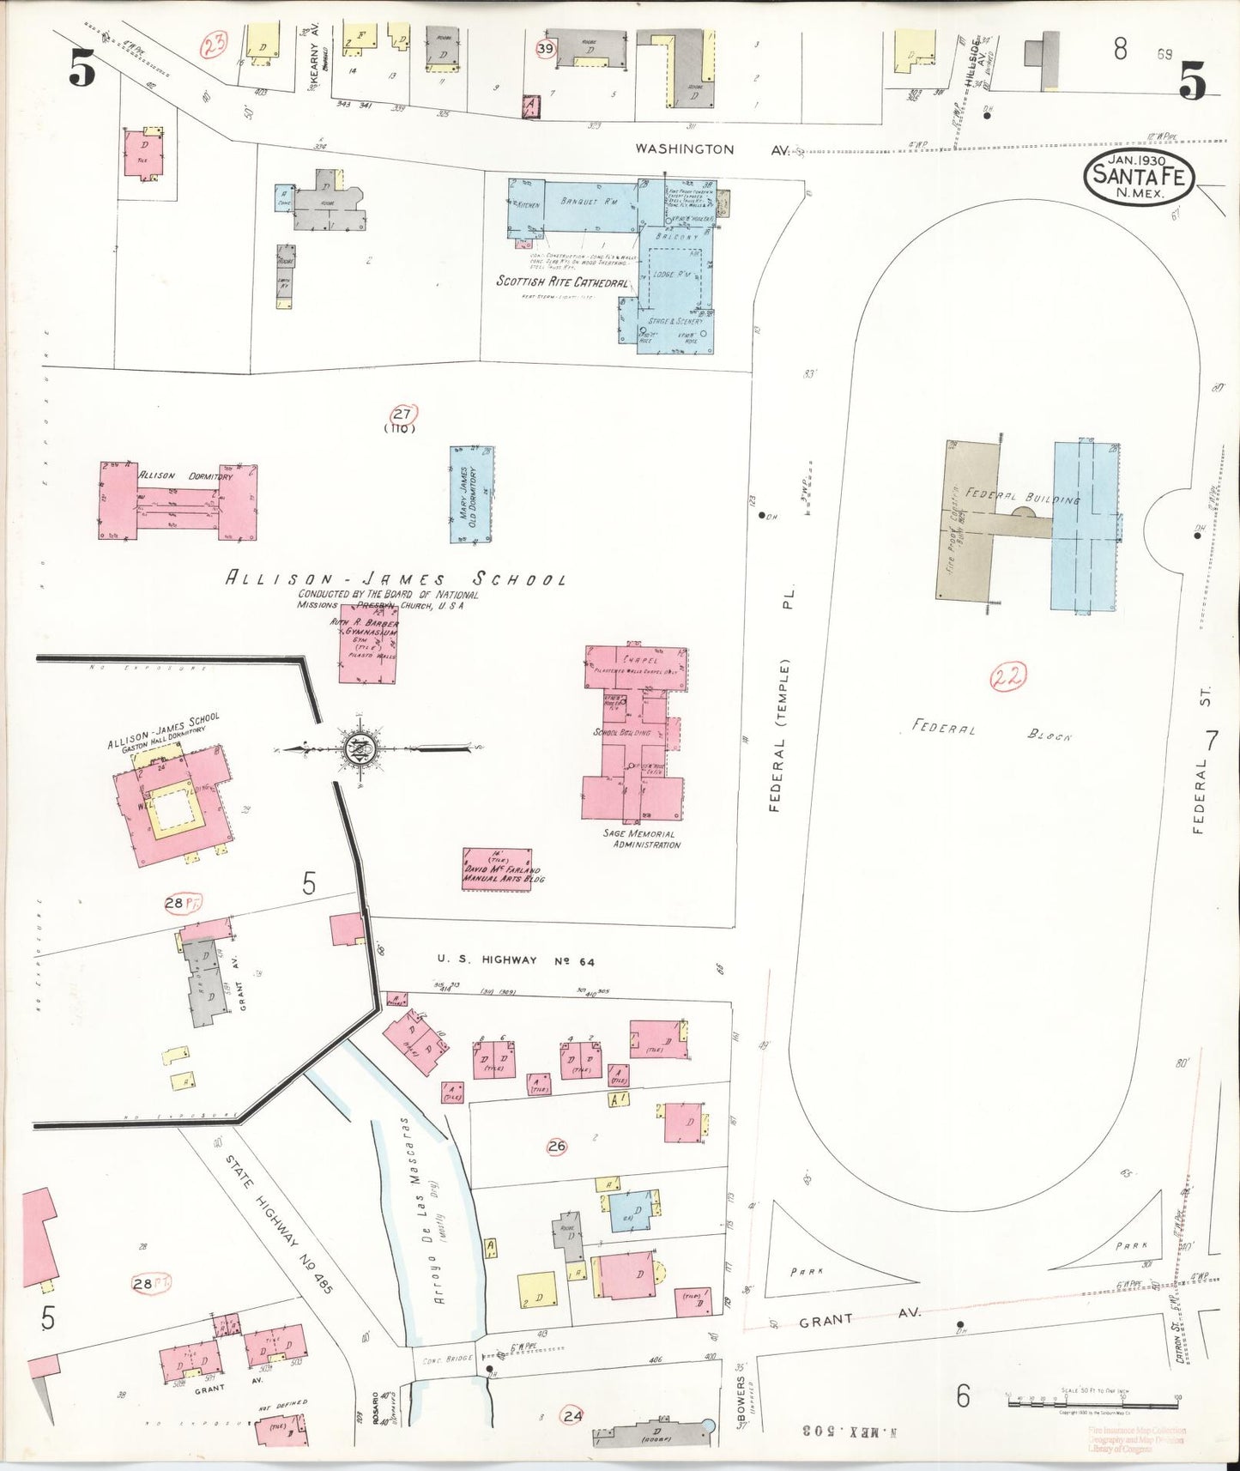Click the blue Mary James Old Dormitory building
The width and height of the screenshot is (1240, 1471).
point(471,494)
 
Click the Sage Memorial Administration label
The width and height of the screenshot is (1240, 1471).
point(644,838)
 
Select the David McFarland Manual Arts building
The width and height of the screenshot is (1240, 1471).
point(496,869)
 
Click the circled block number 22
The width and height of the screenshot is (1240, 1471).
point(1008,678)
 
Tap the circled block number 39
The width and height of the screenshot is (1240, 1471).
point(545,49)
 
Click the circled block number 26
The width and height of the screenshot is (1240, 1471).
point(556,1146)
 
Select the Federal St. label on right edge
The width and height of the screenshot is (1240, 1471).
point(1201,760)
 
